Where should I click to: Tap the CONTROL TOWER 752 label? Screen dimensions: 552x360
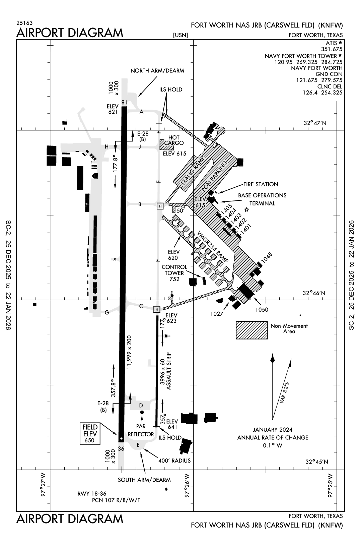pyautogui.click(x=174, y=273)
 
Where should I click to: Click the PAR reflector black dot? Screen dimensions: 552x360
pyautogui.click(x=142, y=412)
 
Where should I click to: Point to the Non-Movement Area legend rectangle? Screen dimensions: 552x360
pyautogui.click(x=251, y=330)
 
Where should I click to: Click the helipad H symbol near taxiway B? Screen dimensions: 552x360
pyautogui.click(x=160, y=206)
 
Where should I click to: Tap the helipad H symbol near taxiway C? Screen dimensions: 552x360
pyautogui.click(x=156, y=309)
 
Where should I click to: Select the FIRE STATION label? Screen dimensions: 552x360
pyautogui.click(x=261, y=184)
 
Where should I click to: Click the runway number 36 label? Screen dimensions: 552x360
pyautogui.click(x=121, y=449)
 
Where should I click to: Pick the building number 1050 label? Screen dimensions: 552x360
pyautogui.click(x=262, y=310)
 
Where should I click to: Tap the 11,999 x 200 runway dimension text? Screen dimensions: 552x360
pyautogui.click(x=129, y=352)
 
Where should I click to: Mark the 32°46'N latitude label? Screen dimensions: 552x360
pyautogui.click(x=314, y=293)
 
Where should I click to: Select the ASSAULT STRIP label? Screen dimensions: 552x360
pyautogui.click(x=169, y=371)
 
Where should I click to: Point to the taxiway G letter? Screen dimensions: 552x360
pyautogui.click(x=107, y=312)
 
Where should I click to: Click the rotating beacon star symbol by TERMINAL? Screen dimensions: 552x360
pyautogui.click(x=247, y=210)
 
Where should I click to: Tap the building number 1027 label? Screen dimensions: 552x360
pyautogui.click(x=217, y=314)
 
